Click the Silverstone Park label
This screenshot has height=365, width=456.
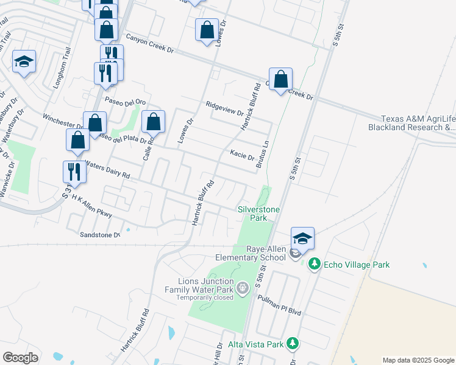[x=258, y=214]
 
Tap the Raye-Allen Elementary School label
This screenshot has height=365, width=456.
[x=266, y=253]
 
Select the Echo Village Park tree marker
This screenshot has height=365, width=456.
[x=315, y=264]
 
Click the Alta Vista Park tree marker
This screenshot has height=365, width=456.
[x=293, y=344]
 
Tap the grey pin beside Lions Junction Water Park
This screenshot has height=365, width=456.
[x=243, y=287]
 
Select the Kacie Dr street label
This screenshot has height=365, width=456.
[x=242, y=155]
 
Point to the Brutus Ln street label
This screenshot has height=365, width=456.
[x=262, y=155]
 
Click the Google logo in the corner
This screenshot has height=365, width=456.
[x=20, y=358]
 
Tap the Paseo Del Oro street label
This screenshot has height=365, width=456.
[x=125, y=102]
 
